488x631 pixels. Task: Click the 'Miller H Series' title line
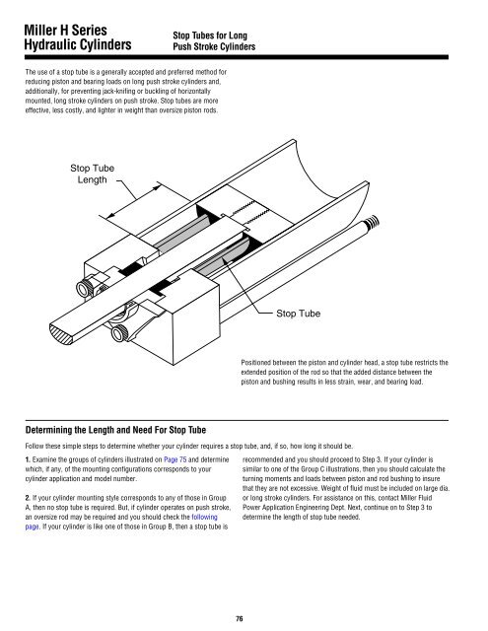(65, 31)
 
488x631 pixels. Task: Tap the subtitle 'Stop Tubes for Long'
(210, 35)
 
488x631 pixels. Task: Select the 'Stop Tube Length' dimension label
(92, 174)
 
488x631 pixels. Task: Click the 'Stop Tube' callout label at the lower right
(298, 314)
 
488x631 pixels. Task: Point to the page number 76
(239, 618)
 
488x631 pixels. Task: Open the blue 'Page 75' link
(175, 459)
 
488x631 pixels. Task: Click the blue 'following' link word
(204, 517)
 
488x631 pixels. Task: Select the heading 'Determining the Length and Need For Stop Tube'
(115, 430)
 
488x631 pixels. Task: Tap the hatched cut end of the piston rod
(60, 335)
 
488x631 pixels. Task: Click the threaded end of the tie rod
(372, 222)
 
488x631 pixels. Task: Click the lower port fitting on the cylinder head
(119, 333)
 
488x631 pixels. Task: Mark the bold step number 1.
(28, 459)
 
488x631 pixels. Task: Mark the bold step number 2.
(28, 498)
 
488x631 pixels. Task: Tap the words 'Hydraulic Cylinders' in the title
(78, 44)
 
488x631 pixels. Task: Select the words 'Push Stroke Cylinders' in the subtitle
(214, 46)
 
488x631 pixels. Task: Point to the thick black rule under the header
(237, 57)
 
